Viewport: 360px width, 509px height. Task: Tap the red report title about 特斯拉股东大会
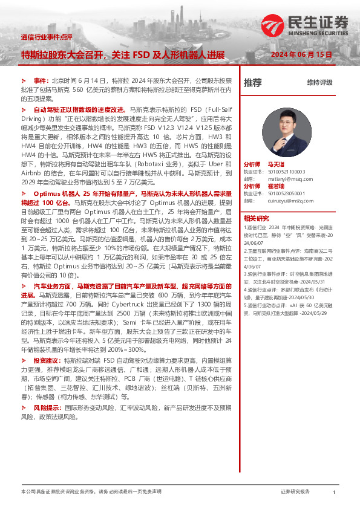click(x=123, y=54)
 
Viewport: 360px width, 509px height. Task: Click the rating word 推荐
click(x=252, y=82)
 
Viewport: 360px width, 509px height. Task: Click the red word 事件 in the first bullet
click(x=39, y=80)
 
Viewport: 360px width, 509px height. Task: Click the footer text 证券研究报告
click(x=295, y=492)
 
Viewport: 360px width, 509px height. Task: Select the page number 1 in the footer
click(x=333, y=492)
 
